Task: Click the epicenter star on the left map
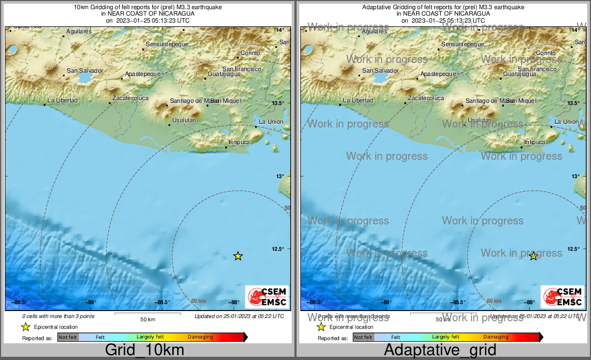[x=238, y=256]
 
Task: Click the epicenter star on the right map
[x=533, y=256]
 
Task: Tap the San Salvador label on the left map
[x=85, y=70]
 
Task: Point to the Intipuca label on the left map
[x=240, y=142]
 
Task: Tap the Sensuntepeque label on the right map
[x=465, y=44]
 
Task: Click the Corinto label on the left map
[x=250, y=53]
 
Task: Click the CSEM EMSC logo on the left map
[x=267, y=297]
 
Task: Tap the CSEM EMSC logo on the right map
[x=562, y=297]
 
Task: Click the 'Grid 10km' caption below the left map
[x=145, y=350]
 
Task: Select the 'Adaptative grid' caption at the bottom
[x=440, y=350]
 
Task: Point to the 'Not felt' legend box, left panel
[x=68, y=337]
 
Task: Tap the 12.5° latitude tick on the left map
[x=280, y=249]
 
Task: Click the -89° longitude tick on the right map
[x=386, y=302]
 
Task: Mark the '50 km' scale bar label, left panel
[x=147, y=319]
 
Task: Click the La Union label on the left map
[x=271, y=122]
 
